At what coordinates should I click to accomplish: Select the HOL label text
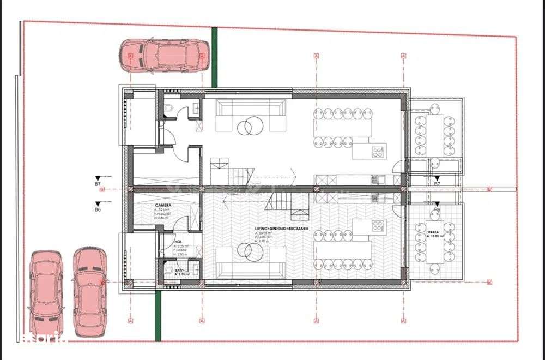click(x=178, y=242)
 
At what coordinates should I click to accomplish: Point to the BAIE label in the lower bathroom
click(x=179, y=269)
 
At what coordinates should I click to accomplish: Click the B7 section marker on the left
click(x=98, y=184)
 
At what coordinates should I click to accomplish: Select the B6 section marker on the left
click(x=98, y=209)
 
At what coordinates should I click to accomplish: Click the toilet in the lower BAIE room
click(x=168, y=269)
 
